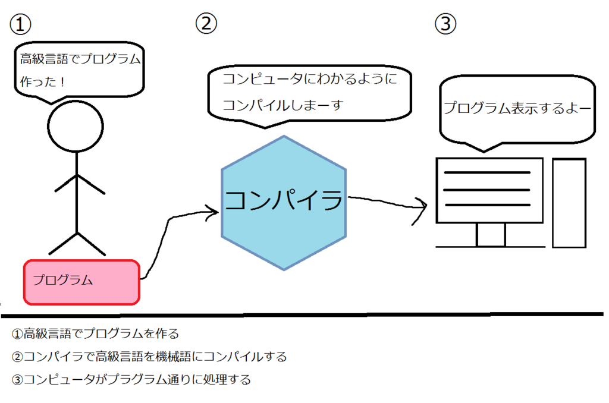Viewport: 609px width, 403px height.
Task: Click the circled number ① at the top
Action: click(20, 24)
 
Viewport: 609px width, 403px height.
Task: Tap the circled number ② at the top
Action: click(206, 23)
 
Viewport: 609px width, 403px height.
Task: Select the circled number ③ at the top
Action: click(445, 24)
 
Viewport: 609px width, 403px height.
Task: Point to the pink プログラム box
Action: click(81, 281)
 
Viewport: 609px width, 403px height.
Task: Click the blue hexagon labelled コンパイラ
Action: click(283, 202)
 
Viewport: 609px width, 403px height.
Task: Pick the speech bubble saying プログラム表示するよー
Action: click(516, 110)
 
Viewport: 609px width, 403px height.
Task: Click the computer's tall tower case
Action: click(569, 202)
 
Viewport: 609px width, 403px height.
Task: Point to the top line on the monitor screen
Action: click(488, 173)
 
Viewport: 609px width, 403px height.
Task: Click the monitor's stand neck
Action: click(491, 235)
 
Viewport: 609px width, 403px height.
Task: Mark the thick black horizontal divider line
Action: click(304, 314)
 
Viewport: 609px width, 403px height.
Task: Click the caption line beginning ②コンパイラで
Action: click(149, 357)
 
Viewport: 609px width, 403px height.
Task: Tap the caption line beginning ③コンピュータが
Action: click(131, 379)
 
